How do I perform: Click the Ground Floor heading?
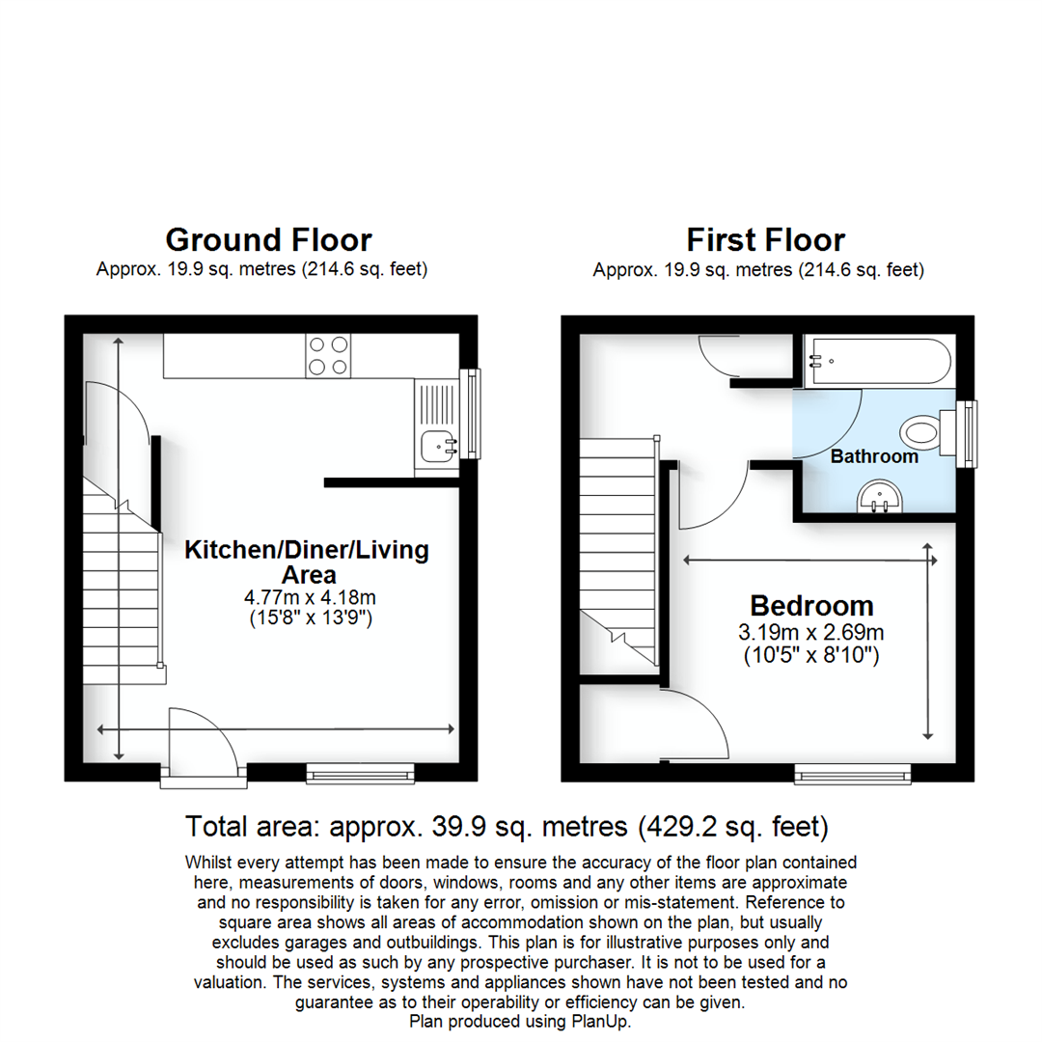pyautogui.click(x=268, y=239)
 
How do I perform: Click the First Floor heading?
pyautogui.click(x=765, y=239)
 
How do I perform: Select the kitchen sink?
pyautogui.click(x=440, y=446)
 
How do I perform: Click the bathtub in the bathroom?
pyautogui.click(x=879, y=360)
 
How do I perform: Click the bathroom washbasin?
pyautogui.click(x=878, y=497)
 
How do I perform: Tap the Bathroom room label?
pyautogui.click(x=874, y=456)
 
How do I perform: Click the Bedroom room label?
pyautogui.click(x=811, y=606)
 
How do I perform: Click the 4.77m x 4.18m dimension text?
pyautogui.click(x=308, y=598)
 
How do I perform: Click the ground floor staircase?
pyautogui.click(x=121, y=579)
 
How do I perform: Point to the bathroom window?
pyautogui.click(x=965, y=434)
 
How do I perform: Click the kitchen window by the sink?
pyautogui.click(x=470, y=414)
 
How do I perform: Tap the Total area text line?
pyautogui.click(x=507, y=827)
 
